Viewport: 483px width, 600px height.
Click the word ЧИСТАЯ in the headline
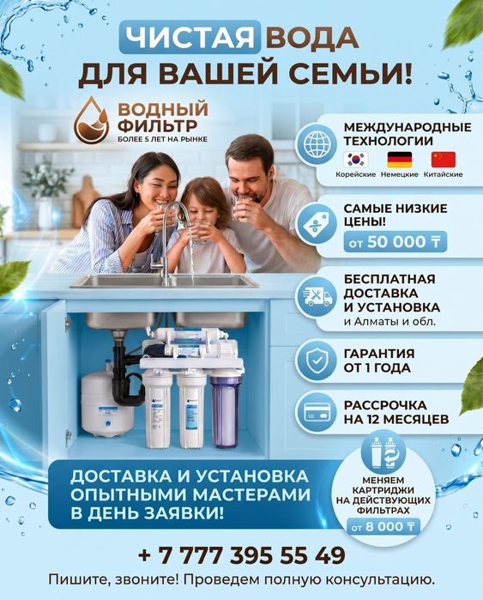190,37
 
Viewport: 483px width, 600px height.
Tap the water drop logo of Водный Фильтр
92,120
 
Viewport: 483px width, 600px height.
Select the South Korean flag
356,160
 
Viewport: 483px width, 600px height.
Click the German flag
400,160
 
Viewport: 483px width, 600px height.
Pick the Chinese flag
444,160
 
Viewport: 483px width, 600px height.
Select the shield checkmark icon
317,361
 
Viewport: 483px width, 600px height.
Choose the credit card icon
317,413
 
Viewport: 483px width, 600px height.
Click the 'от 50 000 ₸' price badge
395,242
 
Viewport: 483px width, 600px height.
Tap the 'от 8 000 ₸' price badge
383,527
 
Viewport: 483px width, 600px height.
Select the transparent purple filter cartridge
226,410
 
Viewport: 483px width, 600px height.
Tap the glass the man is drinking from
239,206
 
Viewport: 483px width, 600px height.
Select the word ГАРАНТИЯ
378,353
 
